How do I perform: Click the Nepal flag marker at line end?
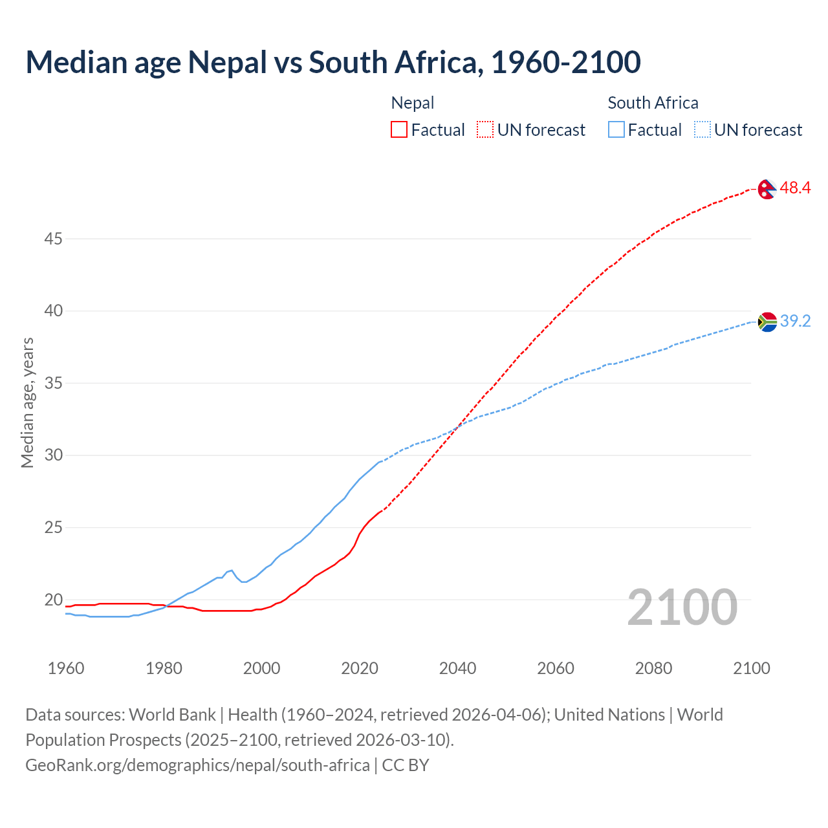[x=767, y=190]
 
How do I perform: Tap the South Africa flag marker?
[x=767, y=321]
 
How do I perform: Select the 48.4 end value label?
[x=795, y=188]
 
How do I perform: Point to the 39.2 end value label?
[x=795, y=321]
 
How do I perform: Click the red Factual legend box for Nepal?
[x=399, y=130]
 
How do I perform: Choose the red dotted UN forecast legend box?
[x=485, y=130]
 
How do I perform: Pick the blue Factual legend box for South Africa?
[x=616, y=130]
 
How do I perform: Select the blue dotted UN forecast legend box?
[x=702, y=130]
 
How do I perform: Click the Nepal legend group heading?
[x=413, y=103]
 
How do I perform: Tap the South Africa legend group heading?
[x=653, y=103]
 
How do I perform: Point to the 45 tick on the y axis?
[x=53, y=239]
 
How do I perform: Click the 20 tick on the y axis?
[x=53, y=600]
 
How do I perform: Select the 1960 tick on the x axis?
[x=66, y=668]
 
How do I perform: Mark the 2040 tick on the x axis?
[x=457, y=668]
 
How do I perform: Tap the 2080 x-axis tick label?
[x=653, y=668]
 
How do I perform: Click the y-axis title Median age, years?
[x=27, y=402]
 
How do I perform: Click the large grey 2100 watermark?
[x=682, y=607]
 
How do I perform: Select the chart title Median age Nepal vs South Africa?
[x=333, y=62]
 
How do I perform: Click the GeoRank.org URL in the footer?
[x=197, y=765]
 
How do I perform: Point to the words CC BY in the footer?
[x=406, y=765]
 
